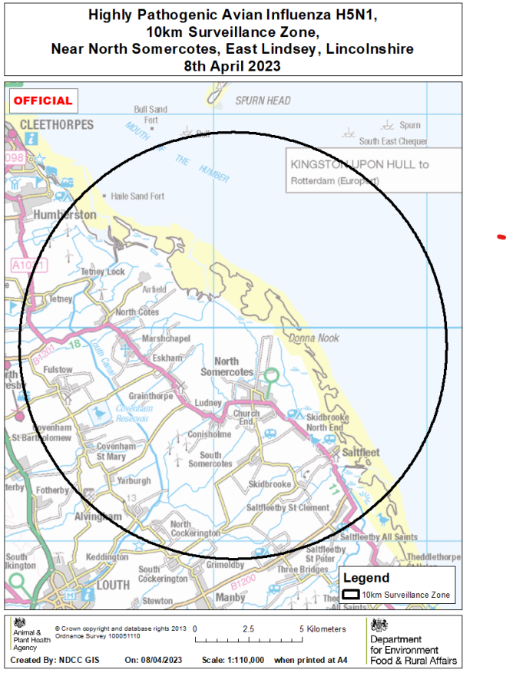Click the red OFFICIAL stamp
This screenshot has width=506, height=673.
(x=42, y=101)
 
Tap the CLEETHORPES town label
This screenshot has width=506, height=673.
(x=56, y=124)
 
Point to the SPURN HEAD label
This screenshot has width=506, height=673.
(x=263, y=101)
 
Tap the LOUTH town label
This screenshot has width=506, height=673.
(x=113, y=584)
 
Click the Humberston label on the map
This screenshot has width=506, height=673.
(x=65, y=215)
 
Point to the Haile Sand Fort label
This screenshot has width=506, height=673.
(x=138, y=196)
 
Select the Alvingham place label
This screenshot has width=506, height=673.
(x=98, y=517)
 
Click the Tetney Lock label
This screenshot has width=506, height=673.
(x=102, y=272)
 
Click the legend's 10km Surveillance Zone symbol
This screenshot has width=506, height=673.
(x=351, y=595)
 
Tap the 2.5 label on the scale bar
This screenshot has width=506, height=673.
(x=248, y=629)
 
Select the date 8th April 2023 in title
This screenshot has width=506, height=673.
(x=232, y=66)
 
